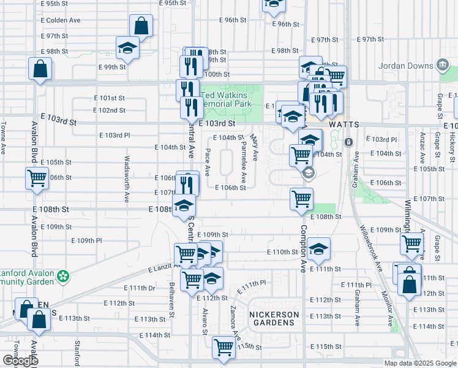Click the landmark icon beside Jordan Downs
(x=441, y=66)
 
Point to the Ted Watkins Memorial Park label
(x=233, y=100)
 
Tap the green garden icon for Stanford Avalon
(x=62, y=278)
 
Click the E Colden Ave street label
(x=61, y=20)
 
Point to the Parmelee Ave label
(x=244, y=161)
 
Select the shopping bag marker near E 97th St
(x=141, y=26)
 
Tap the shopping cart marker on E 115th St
(x=223, y=347)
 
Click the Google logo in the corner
(x=20, y=361)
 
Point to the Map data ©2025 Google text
(x=420, y=363)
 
